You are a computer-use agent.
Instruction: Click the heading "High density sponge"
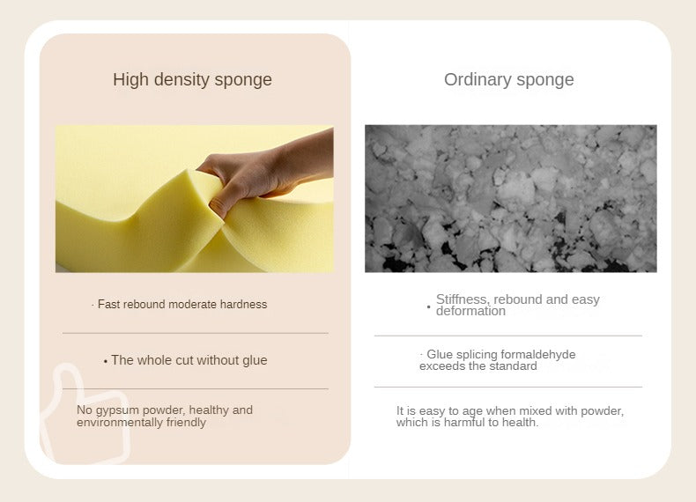[x=192, y=80]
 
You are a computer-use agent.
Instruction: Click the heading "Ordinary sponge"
[x=508, y=80]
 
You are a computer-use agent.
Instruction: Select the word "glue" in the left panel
[x=255, y=360]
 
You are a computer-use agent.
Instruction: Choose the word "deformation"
[x=470, y=311]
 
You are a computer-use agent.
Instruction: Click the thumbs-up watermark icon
[x=85, y=413]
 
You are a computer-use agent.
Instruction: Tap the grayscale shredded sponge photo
[x=511, y=198]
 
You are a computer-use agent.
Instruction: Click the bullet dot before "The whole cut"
[x=106, y=362]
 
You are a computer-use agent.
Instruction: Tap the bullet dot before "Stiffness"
[x=429, y=306]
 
